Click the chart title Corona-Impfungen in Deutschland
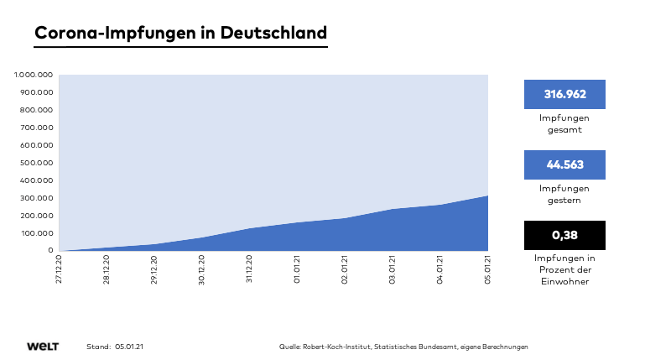click(180, 33)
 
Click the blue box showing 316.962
click(564, 94)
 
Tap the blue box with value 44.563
click(564, 164)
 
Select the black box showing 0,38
click(564, 235)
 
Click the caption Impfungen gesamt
click(564, 123)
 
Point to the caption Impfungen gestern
click(564, 195)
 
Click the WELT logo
click(42, 347)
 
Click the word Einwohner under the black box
click(564, 283)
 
